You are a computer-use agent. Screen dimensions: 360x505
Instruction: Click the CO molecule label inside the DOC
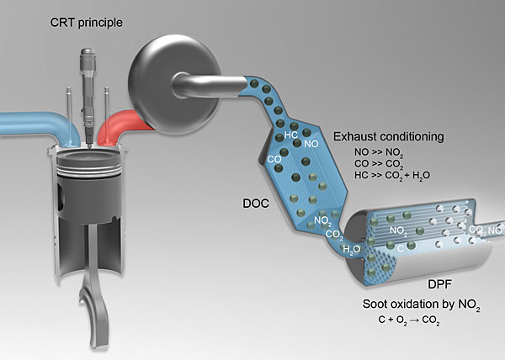274,157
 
